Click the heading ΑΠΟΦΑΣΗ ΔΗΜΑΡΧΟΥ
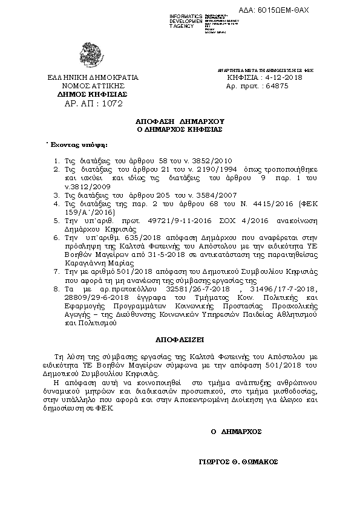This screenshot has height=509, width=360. (180, 121)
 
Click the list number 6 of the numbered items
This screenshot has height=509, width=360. (54, 239)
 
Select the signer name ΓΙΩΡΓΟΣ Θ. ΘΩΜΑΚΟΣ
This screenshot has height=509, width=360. (237, 461)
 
